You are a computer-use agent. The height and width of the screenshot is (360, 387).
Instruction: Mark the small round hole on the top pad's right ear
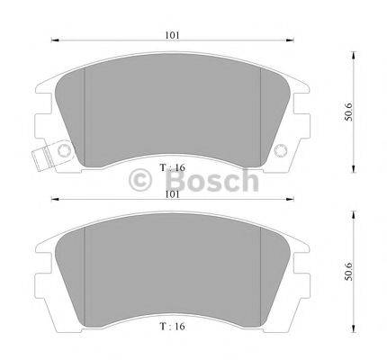point(281,149)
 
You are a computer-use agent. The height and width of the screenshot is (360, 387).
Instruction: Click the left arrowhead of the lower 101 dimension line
point(52,198)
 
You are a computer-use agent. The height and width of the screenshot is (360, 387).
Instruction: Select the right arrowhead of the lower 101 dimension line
point(292,198)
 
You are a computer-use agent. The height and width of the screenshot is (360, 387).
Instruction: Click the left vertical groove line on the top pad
point(84,117)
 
